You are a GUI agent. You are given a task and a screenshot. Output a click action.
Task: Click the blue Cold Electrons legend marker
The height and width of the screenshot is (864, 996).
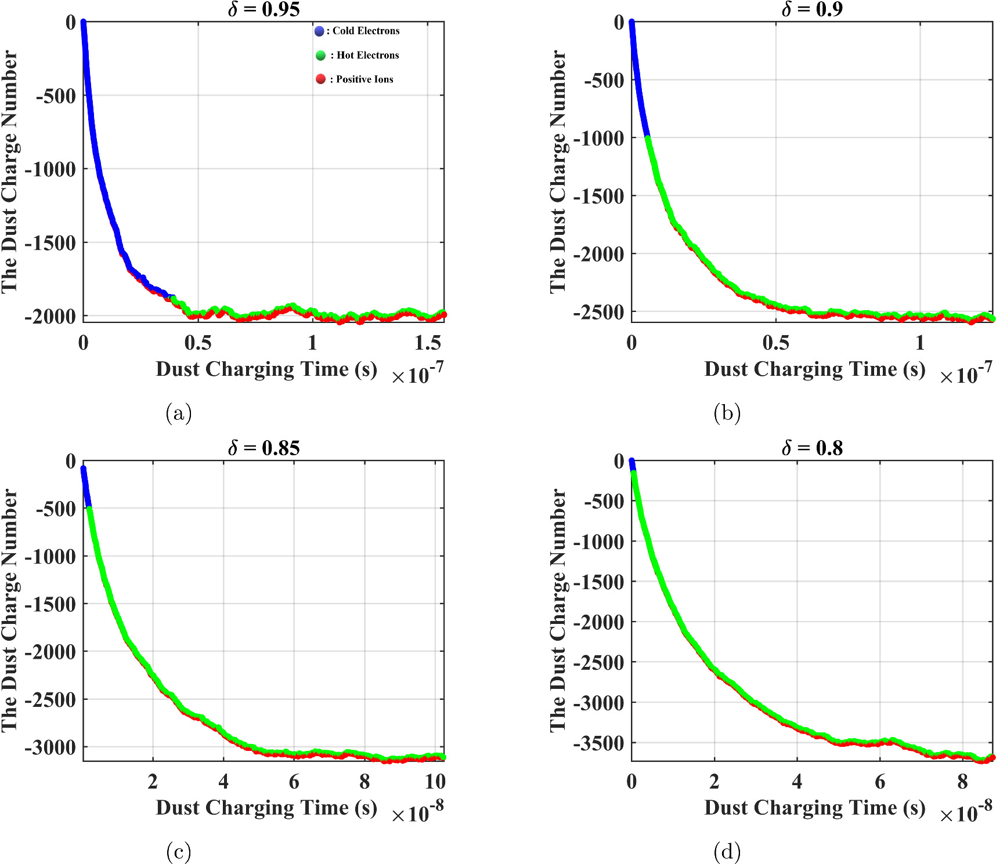[x=319, y=31]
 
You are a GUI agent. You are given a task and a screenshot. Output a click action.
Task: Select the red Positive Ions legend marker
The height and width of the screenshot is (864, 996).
[x=320, y=79]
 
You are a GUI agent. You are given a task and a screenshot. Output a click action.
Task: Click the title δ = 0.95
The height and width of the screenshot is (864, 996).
[x=264, y=9]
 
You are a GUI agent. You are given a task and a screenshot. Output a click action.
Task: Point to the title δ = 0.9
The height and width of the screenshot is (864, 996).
[x=812, y=9]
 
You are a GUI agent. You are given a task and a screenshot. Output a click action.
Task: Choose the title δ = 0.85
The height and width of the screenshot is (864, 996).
[x=264, y=448]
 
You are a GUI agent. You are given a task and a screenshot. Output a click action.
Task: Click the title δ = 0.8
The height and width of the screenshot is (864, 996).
[x=812, y=448]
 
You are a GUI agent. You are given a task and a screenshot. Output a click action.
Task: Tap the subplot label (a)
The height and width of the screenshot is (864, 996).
[x=178, y=413]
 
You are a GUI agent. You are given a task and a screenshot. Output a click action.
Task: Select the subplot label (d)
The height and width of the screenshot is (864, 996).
[x=727, y=852]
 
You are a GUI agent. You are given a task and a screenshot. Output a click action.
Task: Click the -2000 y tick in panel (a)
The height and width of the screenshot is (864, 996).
[x=50, y=317]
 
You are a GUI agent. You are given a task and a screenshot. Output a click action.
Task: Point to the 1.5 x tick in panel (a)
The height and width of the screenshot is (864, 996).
[x=428, y=343]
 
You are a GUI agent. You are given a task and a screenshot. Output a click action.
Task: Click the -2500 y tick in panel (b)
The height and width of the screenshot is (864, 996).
[x=599, y=312]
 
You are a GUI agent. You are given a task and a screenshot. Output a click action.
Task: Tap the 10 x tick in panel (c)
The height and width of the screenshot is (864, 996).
[x=435, y=782]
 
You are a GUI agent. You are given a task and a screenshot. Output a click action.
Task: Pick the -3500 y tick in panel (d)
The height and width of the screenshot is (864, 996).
[x=599, y=743]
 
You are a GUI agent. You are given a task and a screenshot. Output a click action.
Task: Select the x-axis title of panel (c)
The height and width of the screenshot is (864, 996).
[x=266, y=808]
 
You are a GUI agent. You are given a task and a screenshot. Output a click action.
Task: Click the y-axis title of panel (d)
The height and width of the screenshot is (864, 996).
[x=558, y=610]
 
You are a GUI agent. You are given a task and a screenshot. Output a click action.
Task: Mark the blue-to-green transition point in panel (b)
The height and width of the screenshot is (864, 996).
[x=648, y=138]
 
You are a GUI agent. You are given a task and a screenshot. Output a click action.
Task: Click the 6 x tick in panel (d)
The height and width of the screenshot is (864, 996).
[x=880, y=782]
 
